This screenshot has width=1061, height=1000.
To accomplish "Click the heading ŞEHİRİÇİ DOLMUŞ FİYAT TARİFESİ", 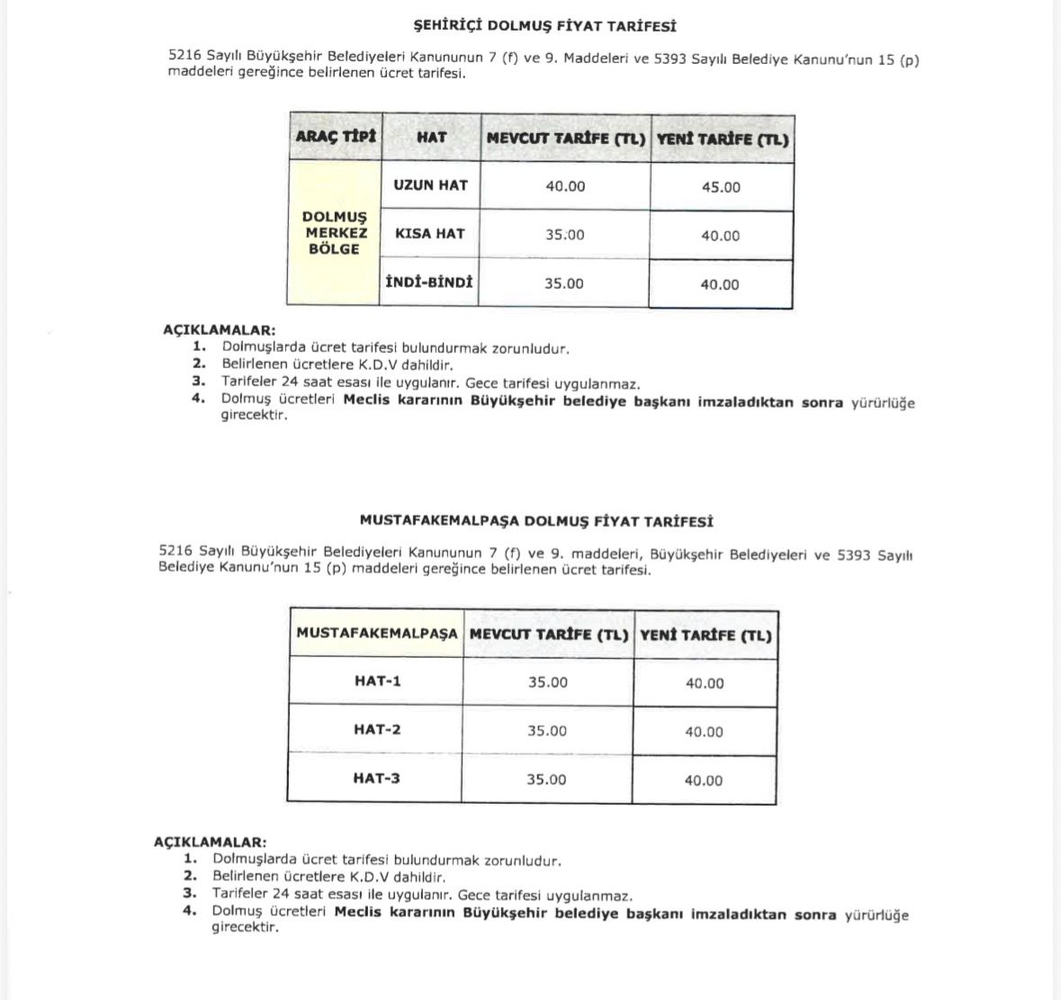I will click(x=544, y=26).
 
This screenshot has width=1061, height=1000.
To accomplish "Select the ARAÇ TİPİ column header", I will click(x=335, y=138).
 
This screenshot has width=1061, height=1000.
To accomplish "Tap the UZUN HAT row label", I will click(x=430, y=185).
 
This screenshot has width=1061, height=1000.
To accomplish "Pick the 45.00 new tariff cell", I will click(x=721, y=187).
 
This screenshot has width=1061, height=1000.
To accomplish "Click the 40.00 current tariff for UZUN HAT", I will click(x=565, y=186).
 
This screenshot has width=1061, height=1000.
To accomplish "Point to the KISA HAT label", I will click(x=430, y=234).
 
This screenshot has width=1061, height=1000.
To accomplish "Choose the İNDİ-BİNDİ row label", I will click(x=429, y=283).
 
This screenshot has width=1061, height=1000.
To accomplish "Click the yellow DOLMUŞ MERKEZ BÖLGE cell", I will click(x=335, y=233).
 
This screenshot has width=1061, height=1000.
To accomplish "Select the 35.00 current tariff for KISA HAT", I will click(x=564, y=235).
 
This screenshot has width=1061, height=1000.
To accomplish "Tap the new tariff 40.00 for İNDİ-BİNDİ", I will click(x=720, y=284).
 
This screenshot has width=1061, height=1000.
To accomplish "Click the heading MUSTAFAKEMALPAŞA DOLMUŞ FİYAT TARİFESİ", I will click(x=536, y=521).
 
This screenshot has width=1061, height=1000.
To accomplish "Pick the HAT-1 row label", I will click(x=377, y=681).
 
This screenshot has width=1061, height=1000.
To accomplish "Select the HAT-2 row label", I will click(x=377, y=730).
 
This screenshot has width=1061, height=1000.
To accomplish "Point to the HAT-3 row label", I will click(x=376, y=779).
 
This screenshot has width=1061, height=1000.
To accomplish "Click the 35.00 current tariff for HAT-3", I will click(x=546, y=779).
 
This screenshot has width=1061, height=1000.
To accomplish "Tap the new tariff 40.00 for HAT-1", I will click(x=705, y=683).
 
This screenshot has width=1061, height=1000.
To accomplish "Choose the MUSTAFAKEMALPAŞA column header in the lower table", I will click(x=376, y=634).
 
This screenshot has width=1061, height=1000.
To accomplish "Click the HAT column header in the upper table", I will click(x=431, y=139).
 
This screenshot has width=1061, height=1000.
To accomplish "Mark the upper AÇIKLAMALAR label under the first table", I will click(x=219, y=330).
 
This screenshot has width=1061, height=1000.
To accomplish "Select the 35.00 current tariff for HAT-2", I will click(x=547, y=731).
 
